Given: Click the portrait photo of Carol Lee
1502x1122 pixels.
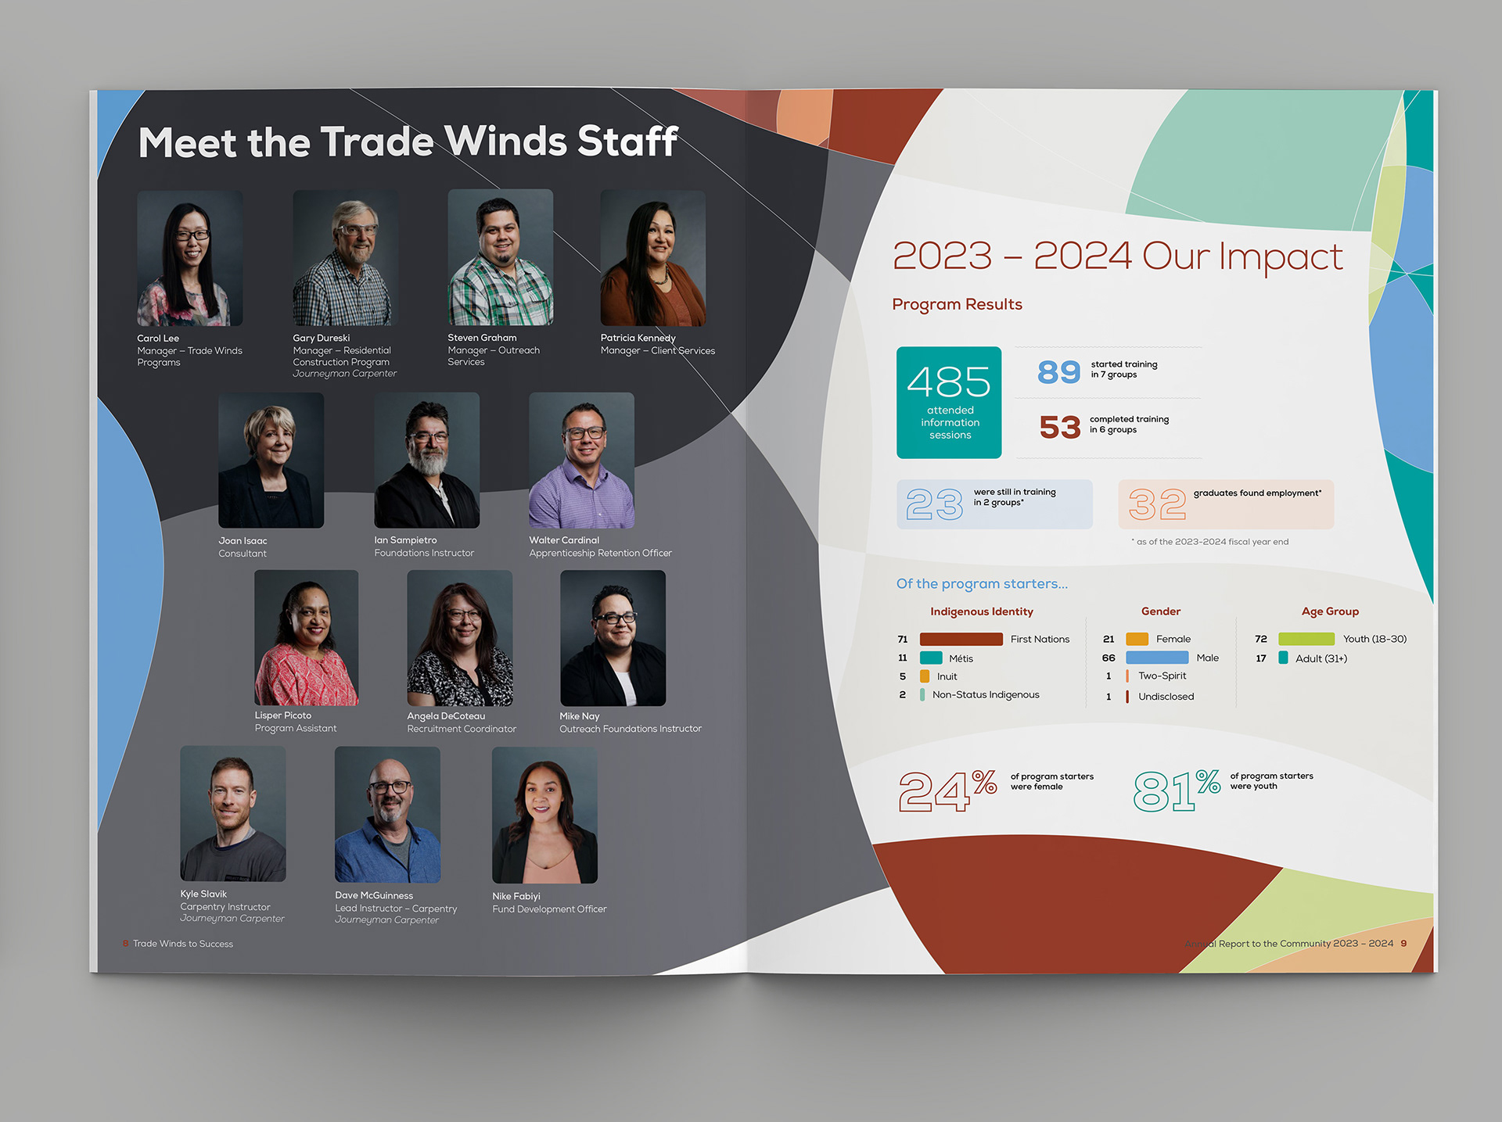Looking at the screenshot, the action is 190,258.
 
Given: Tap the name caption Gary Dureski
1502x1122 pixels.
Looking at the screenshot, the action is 321,338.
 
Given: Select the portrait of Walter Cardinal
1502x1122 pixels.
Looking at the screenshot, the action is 581,460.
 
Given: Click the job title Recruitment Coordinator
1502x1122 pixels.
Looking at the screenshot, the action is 462,729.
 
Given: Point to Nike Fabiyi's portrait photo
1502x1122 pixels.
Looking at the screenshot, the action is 544,815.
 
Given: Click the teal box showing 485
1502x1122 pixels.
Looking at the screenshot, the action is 949,402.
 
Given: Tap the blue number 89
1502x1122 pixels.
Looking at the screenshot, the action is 1058,371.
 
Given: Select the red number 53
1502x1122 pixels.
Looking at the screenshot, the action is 1059,427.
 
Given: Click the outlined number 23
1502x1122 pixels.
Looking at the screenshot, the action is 934,504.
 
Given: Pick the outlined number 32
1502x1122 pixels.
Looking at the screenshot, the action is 1157,504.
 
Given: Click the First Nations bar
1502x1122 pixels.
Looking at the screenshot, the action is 961,639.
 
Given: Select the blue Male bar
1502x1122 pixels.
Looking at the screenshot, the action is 1157,658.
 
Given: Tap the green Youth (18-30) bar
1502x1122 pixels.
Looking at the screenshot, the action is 1306,639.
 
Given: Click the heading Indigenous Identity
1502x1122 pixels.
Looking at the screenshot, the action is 981,611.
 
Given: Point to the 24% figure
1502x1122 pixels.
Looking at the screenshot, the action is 947,790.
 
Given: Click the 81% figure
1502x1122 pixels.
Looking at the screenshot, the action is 1177,790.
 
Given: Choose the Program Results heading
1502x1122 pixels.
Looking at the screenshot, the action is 957,304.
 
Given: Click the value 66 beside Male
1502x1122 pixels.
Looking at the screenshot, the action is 1109,658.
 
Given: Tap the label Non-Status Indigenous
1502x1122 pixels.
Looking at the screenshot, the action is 986,694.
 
